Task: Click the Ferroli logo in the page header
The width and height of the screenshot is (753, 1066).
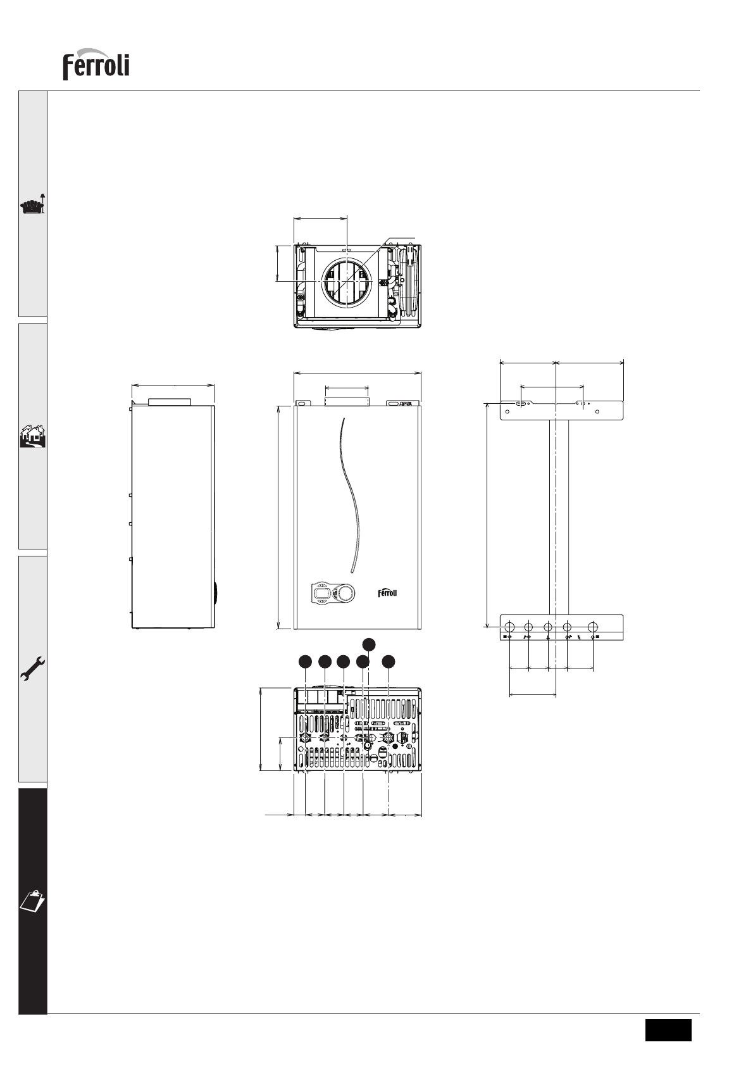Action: pos(96,64)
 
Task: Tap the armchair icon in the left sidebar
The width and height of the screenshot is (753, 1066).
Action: pos(32,204)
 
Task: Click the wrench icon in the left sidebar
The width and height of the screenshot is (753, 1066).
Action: pos(32,668)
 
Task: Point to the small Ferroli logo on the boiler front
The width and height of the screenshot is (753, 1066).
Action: pos(387,593)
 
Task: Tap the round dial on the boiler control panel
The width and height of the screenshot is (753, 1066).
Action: pos(345,593)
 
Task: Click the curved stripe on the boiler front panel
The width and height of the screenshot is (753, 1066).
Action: pos(351,495)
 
